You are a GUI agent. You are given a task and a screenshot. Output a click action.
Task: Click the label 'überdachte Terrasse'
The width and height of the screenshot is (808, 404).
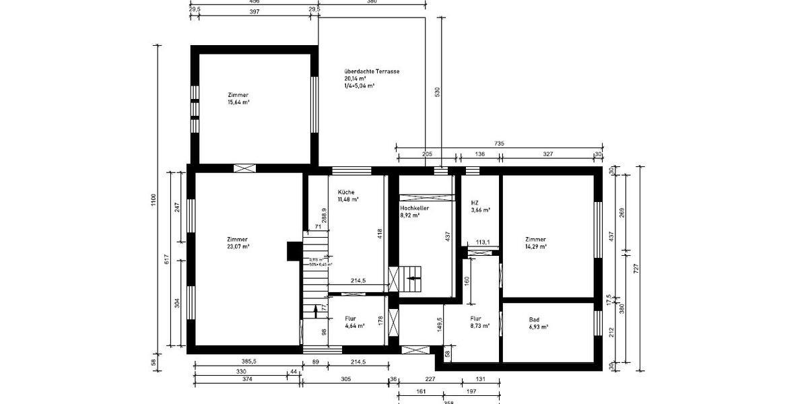[x=372, y=71]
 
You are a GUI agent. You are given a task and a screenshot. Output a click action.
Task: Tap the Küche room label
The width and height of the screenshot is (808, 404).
[x=346, y=192]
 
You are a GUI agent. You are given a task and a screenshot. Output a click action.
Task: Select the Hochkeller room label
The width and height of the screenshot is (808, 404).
[x=415, y=209]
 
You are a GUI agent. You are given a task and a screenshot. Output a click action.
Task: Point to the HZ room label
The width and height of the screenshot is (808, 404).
[x=475, y=202]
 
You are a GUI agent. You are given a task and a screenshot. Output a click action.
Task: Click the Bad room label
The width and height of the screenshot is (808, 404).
[x=535, y=319]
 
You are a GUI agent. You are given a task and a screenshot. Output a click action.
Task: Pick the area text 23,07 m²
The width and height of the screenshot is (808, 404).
[x=238, y=247]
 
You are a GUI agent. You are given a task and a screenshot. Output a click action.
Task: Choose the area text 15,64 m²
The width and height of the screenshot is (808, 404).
[x=239, y=102]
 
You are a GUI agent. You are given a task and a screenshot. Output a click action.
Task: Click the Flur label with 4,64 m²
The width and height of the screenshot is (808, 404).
[x=350, y=318]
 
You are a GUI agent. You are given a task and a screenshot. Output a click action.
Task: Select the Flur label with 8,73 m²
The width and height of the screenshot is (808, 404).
[x=476, y=318]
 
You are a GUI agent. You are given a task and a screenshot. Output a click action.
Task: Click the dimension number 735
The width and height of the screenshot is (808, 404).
[x=499, y=143]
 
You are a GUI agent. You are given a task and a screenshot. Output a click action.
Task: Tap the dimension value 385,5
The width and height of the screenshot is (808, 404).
[x=248, y=362]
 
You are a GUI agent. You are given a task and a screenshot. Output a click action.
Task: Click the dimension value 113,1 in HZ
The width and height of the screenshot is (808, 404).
[x=482, y=243]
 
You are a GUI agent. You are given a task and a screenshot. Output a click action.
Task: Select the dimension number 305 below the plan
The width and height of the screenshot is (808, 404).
[x=345, y=380]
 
